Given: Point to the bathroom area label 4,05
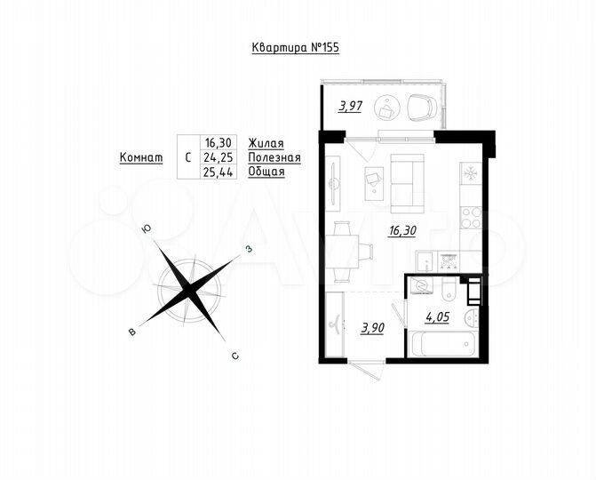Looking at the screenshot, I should (439, 315).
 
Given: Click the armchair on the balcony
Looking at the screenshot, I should (422, 108).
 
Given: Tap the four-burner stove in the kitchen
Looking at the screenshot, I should (471, 216).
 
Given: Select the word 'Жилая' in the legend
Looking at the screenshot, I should (266, 142).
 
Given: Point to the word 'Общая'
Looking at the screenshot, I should (266, 172).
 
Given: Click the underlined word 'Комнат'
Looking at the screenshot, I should (140, 157).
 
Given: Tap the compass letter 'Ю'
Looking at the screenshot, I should (147, 228).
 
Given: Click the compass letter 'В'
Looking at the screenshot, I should (133, 332).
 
